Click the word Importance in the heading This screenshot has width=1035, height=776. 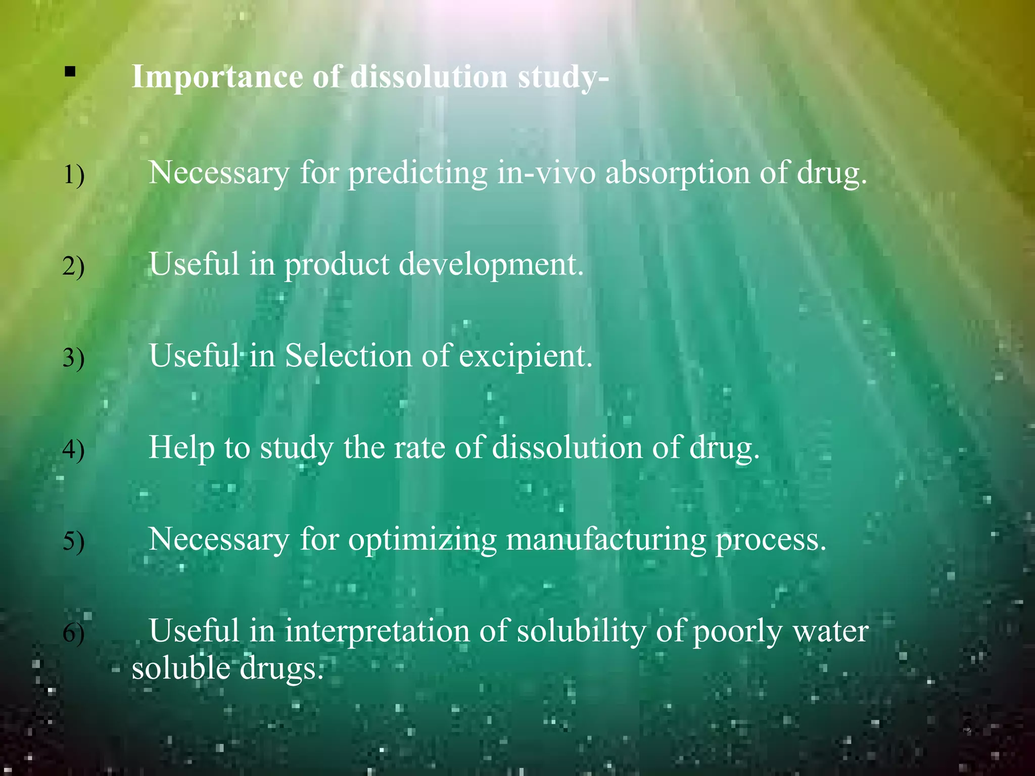pos(217,77)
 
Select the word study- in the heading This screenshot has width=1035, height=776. pos(563,78)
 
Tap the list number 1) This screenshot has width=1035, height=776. pos(73,175)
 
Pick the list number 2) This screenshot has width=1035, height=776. pos(73,266)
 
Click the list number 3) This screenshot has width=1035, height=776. pos(73,358)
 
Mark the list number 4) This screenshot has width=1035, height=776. pos(73,450)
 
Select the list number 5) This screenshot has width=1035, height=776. pos(73,542)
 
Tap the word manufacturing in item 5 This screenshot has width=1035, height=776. pos(606,540)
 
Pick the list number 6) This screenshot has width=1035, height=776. pos(73,634)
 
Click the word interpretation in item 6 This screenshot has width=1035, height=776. pos(377,632)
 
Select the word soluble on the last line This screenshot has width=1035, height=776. pos(181,668)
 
